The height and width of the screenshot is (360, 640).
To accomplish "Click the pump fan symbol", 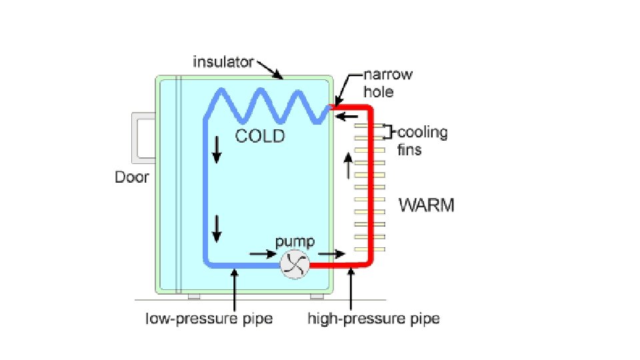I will click(295, 265).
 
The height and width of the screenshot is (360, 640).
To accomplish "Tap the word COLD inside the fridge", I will click(260, 137).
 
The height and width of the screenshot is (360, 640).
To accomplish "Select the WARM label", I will click(427, 205).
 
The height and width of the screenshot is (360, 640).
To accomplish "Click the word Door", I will click(131, 177).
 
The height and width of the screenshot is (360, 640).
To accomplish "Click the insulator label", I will click(223, 63).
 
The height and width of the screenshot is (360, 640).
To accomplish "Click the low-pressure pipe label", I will click(209, 319).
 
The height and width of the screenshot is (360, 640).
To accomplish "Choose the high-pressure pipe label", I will click(373, 319).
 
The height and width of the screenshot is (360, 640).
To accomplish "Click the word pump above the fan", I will click(295, 241).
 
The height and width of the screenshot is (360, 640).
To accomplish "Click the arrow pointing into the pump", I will click(262, 253).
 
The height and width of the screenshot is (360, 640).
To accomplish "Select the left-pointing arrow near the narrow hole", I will click(346, 117).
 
